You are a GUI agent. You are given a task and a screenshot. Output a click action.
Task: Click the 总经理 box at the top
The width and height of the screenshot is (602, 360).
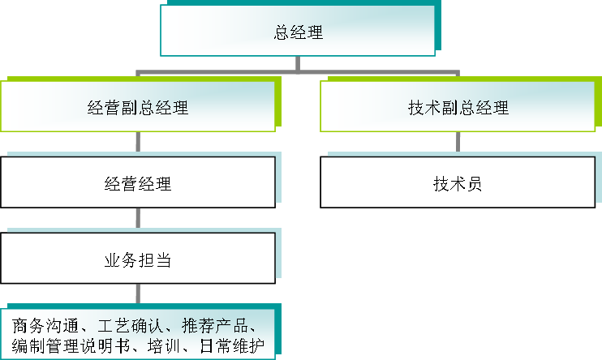[298, 32]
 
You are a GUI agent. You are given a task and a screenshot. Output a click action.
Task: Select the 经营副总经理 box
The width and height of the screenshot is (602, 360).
[137, 106]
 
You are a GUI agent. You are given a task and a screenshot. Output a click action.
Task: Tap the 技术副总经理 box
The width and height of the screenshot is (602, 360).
[458, 106]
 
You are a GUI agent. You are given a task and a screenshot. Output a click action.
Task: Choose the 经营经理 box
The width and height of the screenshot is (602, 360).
[137, 182]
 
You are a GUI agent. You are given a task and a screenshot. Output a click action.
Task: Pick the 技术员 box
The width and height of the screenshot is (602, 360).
[458, 182]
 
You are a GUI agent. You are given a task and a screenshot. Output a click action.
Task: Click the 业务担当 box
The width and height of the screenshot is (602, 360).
[137, 259]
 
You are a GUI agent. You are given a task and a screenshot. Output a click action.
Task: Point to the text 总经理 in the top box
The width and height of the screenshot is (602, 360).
[298, 33]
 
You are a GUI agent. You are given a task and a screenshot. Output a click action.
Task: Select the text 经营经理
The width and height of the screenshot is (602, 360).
[137, 183]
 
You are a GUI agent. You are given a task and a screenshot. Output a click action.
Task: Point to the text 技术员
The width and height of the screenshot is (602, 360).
[458, 183]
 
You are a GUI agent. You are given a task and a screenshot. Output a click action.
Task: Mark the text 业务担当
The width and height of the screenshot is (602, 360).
[137, 260]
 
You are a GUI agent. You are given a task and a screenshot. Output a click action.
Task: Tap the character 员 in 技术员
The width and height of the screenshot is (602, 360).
[475, 183]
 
